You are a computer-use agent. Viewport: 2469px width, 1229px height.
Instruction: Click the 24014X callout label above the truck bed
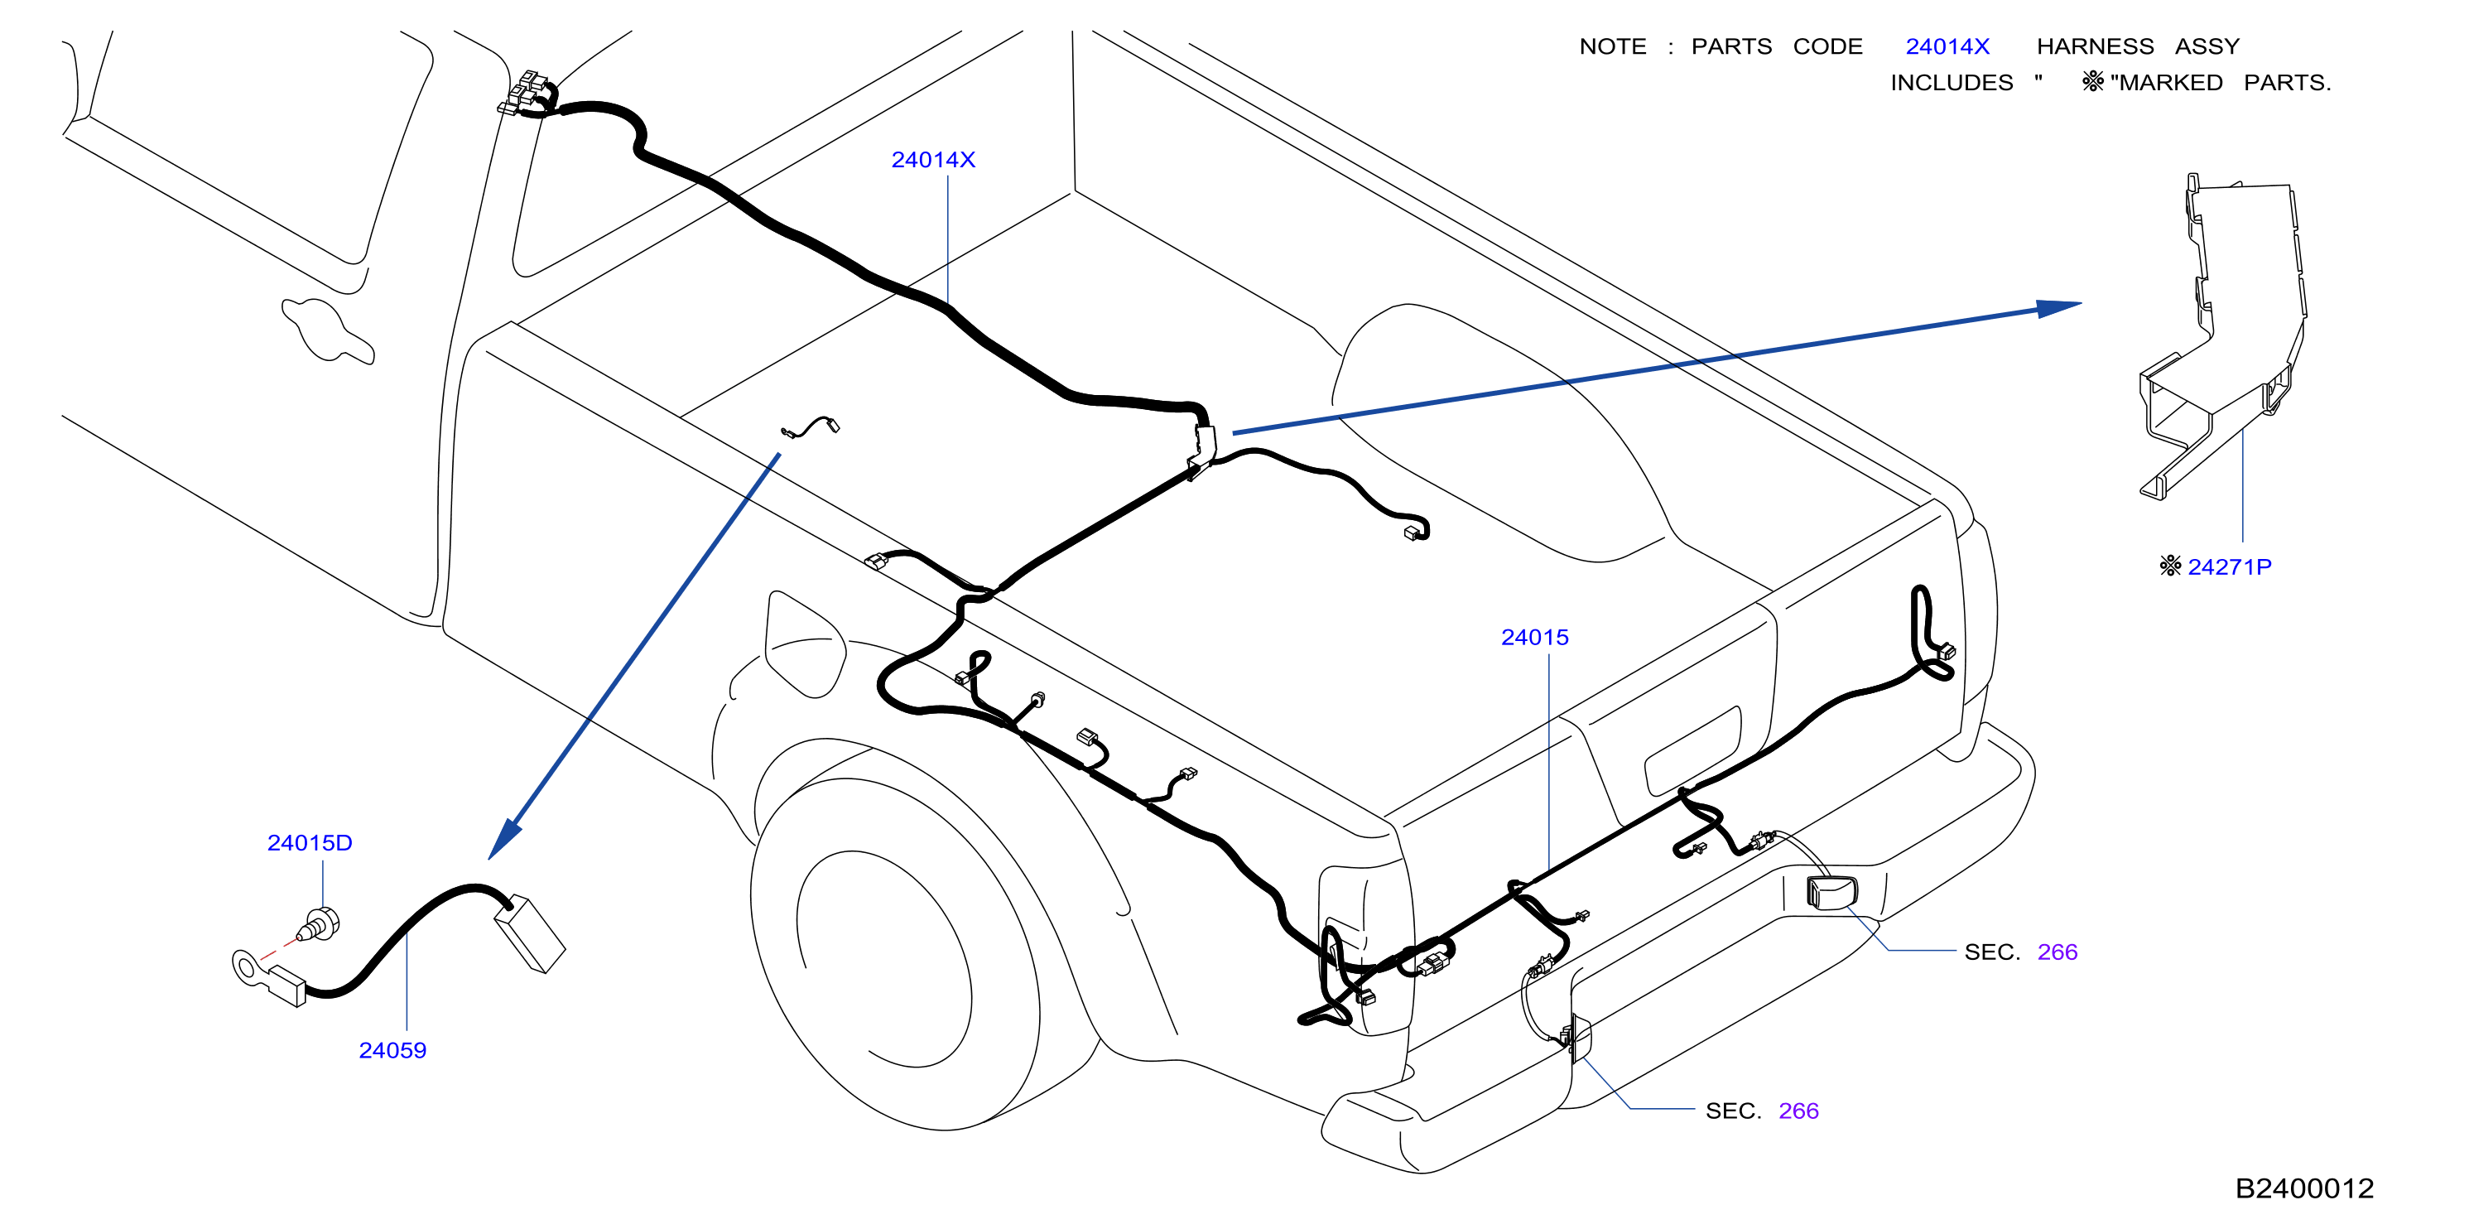pos(932,160)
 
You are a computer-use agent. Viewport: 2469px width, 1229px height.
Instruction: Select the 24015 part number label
pos(1534,638)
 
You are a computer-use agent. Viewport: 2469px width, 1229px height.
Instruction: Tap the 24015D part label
pos(310,843)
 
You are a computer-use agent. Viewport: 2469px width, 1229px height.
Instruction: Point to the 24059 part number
pos(392,1051)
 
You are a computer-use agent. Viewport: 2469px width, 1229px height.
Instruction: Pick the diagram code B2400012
pos(2304,1188)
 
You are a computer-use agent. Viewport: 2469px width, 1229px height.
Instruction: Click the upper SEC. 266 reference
pos(2020,952)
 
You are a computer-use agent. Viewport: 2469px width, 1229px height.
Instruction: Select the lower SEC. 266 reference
pos(1762,1111)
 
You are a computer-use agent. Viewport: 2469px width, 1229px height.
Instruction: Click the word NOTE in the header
pos(1612,46)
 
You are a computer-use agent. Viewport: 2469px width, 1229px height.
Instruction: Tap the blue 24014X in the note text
pos(1947,46)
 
